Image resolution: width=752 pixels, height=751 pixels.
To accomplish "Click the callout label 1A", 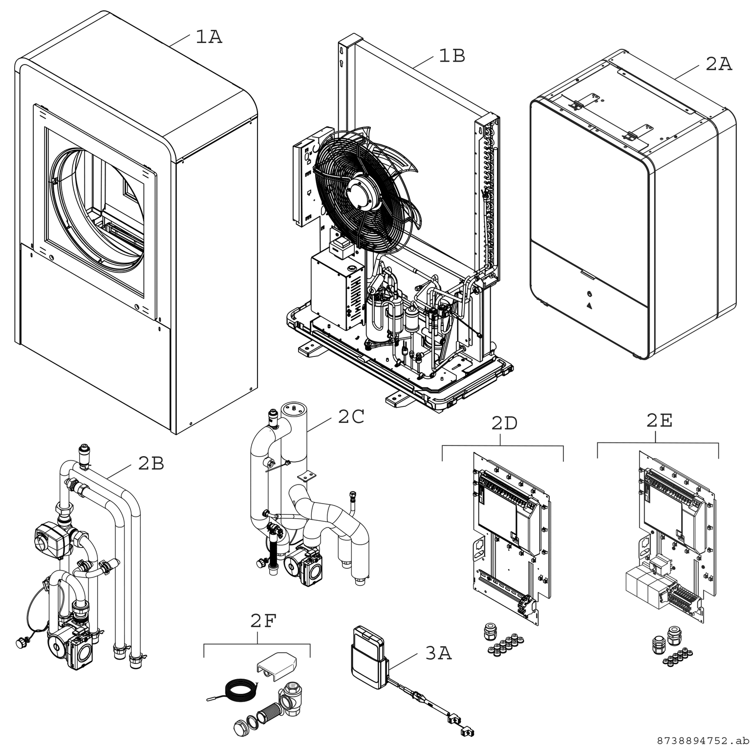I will tap(209, 37).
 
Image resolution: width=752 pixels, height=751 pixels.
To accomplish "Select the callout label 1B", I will tap(451, 56).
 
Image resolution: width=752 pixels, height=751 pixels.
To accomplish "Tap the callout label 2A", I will tap(718, 64).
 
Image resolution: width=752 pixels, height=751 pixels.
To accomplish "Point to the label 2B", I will tap(150, 463).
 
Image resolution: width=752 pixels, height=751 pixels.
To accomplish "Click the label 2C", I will tap(351, 417).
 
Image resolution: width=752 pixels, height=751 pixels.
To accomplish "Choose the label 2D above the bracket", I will tap(504, 423).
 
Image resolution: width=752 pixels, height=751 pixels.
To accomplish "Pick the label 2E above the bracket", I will tap(659, 421).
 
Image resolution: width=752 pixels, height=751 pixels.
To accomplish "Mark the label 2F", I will tap(263, 621).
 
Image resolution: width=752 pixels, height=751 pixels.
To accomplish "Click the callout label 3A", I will tap(438, 653).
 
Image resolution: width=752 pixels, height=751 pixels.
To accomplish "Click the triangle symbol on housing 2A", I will tap(589, 307).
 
